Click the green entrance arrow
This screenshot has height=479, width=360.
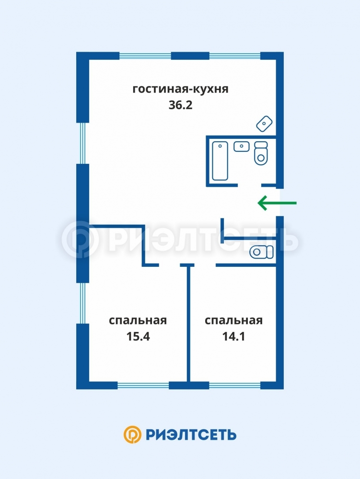pyautogui.click(x=277, y=203)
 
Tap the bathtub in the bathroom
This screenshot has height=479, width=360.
pyautogui.click(x=220, y=160)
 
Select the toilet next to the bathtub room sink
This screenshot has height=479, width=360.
pyautogui.click(x=261, y=153)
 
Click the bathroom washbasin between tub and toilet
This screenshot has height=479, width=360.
pyautogui.click(x=242, y=146)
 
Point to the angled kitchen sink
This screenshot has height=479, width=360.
pyautogui.click(x=264, y=124)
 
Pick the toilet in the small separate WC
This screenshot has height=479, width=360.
pyautogui.click(x=261, y=252)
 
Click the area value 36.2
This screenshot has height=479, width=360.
pyautogui.click(x=181, y=105)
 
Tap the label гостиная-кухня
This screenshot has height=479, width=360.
pyautogui.click(x=181, y=89)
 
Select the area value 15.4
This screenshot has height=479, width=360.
pyautogui.click(x=138, y=336)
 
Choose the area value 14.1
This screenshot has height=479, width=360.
pyautogui.click(x=234, y=336)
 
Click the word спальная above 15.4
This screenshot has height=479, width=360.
pyautogui.click(x=138, y=320)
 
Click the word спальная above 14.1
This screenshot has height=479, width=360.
pyautogui.click(x=234, y=320)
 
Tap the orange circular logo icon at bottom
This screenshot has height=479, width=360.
pyautogui.click(x=132, y=434)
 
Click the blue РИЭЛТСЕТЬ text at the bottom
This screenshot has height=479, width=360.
pyautogui.click(x=191, y=435)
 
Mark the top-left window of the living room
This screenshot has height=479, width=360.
pyautogui.click(x=145, y=56)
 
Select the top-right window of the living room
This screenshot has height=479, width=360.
pyautogui.click(x=235, y=56)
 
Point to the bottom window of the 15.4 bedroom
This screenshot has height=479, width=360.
pyautogui.click(x=143, y=386)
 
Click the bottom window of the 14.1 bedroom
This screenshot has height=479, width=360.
pyautogui.click(x=235, y=386)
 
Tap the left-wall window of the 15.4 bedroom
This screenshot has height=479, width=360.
pyautogui.click(x=82, y=303)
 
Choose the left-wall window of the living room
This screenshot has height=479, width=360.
pyautogui.click(x=82, y=143)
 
